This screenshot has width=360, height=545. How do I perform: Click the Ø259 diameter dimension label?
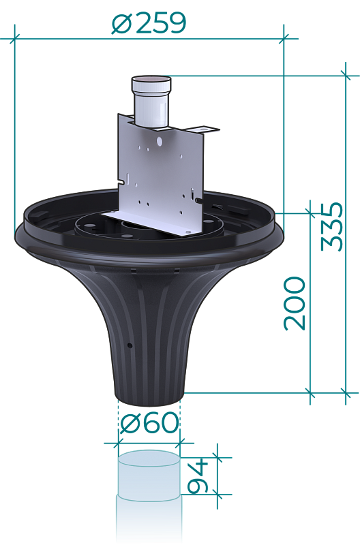149,23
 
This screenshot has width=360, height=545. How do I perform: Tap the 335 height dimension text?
331,226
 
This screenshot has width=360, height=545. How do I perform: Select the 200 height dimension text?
295,303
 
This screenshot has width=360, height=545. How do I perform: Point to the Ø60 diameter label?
149,422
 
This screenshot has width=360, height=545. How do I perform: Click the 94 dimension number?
197,476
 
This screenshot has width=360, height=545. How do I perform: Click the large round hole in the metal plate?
160,141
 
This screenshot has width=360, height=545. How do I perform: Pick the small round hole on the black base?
130,345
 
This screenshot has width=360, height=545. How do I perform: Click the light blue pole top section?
149,474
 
